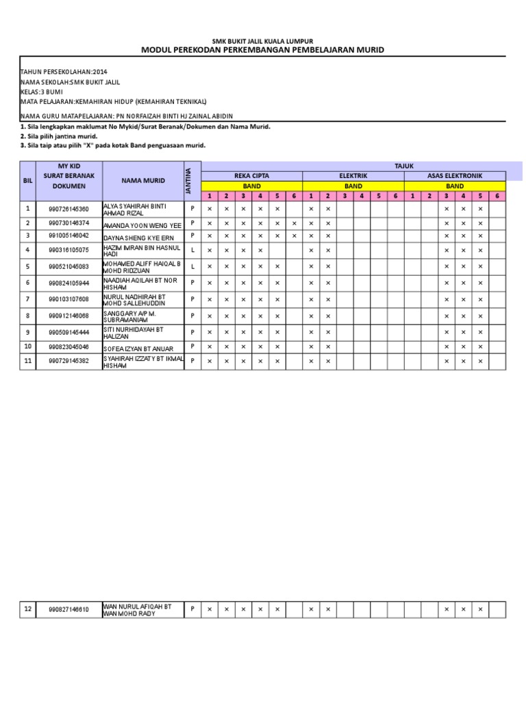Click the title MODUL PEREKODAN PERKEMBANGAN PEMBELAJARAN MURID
point(263,50)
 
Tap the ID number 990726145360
point(68,209)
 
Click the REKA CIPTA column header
point(251,176)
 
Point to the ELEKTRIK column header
point(353,176)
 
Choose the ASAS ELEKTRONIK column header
point(455,176)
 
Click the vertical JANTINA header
point(189,181)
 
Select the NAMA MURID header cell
point(142,181)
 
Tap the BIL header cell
point(27,181)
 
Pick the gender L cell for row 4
point(192,250)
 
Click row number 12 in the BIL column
point(27,609)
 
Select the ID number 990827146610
point(68,609)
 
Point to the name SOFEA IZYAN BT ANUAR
point(139,348)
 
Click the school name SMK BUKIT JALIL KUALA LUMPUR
point(263,41)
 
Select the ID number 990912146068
point(68,316)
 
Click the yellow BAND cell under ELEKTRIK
point(353,186)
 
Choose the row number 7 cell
point(27,299)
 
